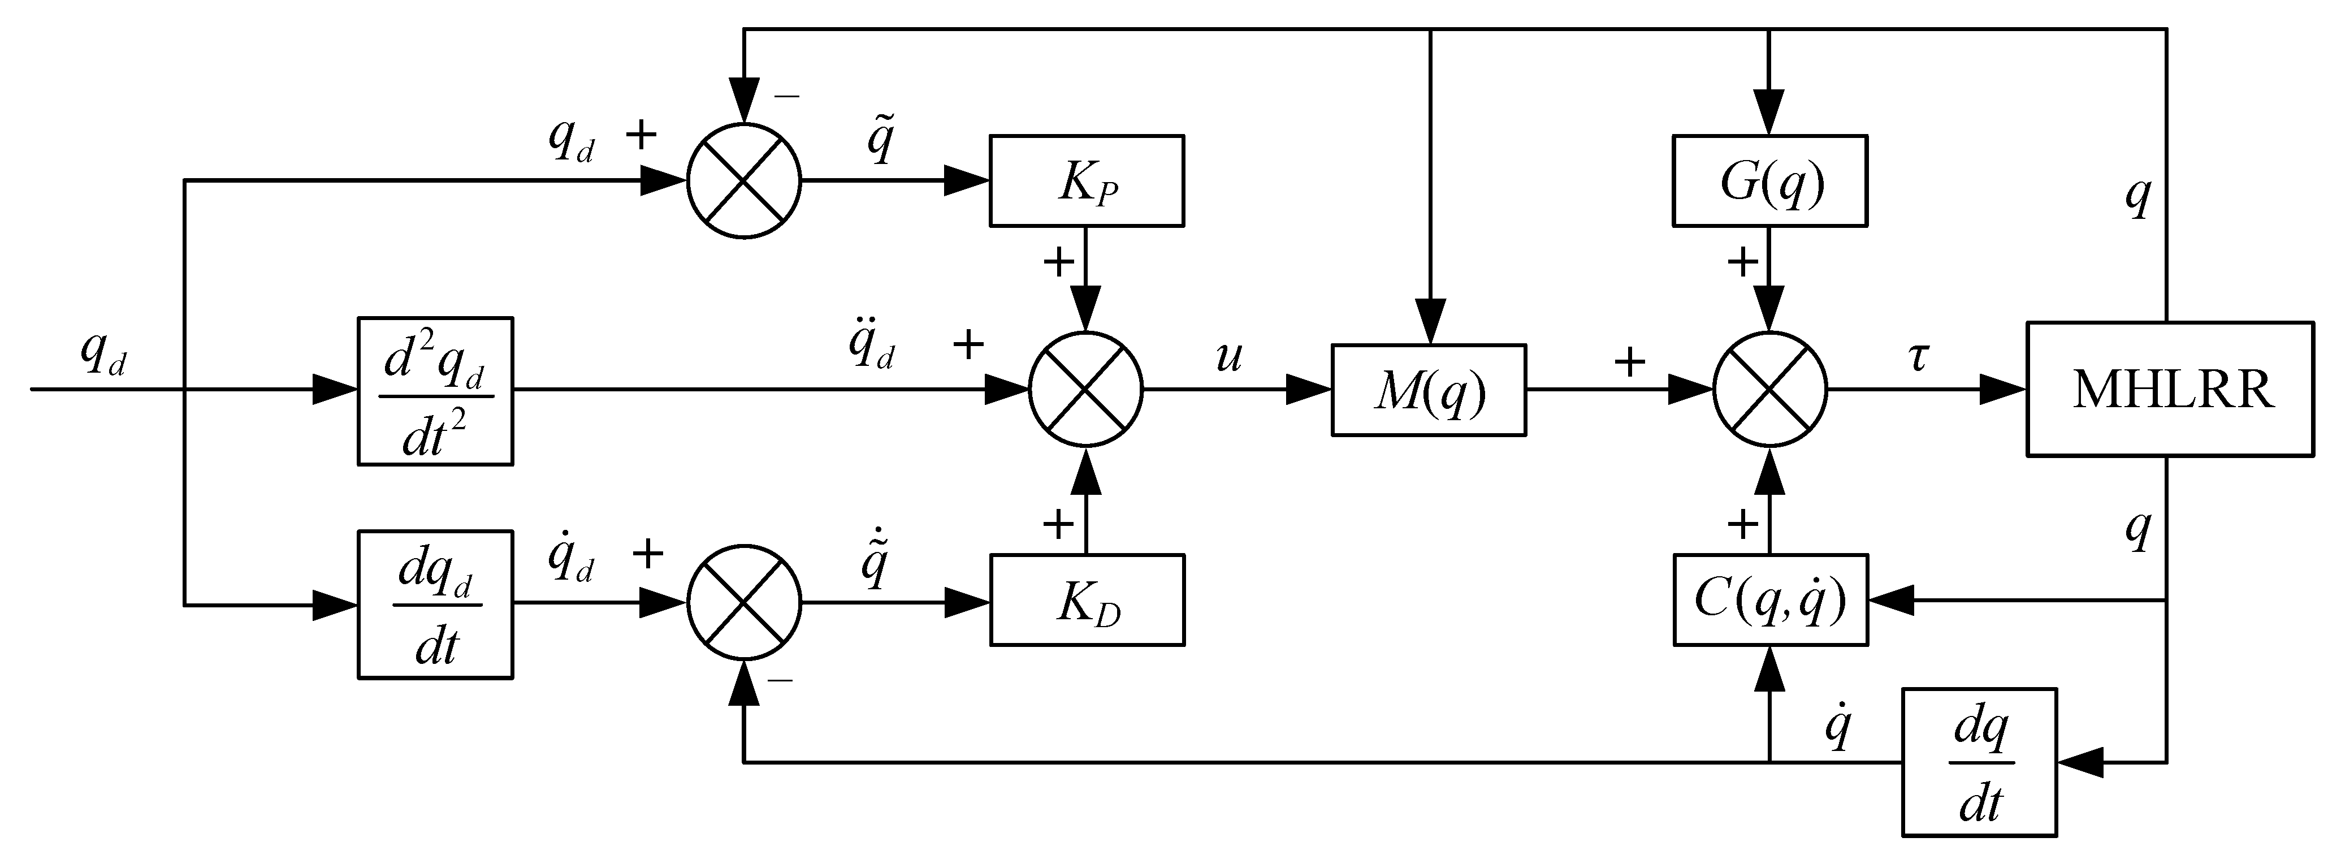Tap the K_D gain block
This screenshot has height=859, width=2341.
coord(1087,600)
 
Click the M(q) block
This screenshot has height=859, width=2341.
coord(1429,390)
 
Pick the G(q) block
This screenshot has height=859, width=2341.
coord(1769,181)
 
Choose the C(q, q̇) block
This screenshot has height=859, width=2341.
coord(1770,600)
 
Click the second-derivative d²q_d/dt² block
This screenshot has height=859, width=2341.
coord(435,391)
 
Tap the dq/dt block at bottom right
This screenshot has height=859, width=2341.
coord(1979,762)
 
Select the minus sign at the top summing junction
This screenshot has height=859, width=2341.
coord(787,96)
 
